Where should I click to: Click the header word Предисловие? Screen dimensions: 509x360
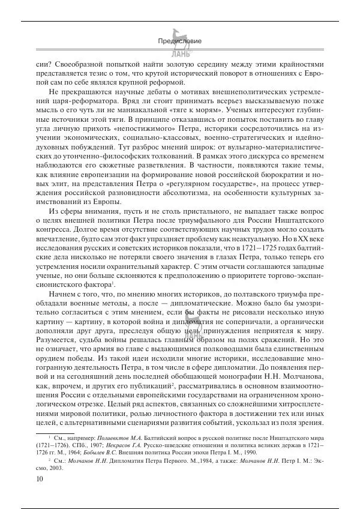tap(179, 41)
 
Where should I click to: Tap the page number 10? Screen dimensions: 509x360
tap(40, 478)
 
